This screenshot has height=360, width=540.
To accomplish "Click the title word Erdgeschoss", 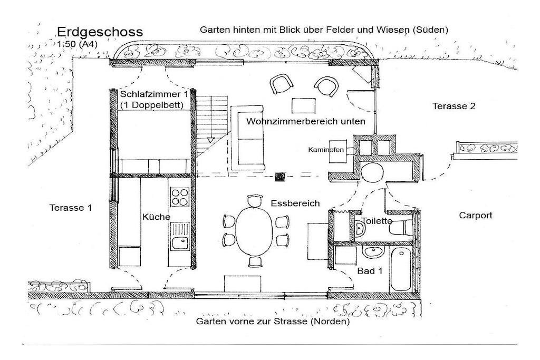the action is (100, 32).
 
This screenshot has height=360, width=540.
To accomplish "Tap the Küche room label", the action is (156, 217).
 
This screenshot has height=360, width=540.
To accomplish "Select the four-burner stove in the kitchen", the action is (180, 197).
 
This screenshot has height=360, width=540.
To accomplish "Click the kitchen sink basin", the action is (180, 243).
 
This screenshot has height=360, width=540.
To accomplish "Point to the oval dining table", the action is (254, 231).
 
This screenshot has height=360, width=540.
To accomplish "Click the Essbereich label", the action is (295, 203).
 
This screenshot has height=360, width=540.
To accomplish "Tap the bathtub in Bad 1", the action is (401, 269).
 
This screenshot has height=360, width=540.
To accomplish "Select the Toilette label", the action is (377, 221).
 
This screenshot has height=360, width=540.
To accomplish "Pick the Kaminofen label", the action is (326, 150).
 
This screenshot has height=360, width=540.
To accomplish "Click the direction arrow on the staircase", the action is (210, 140).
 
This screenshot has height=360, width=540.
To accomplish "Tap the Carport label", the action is (476, 216).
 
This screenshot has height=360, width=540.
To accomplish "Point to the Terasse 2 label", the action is (454, 106).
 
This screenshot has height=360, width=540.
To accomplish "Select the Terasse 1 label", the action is (71, 208).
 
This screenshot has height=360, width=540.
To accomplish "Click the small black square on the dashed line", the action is (280, 177).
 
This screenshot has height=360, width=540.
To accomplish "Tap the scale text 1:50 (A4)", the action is (78, 44).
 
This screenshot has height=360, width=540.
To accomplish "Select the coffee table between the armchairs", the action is (303, 105).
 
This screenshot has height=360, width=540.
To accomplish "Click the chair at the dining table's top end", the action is (255, 201).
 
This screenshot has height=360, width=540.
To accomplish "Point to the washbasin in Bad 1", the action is (373, 251).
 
